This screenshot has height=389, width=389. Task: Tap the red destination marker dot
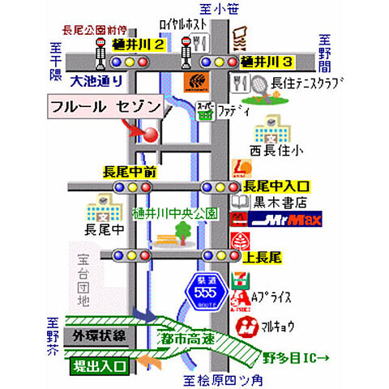(150, 135)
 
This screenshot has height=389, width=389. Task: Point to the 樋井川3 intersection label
(267, 61)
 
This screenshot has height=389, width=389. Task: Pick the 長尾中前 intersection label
(130, 172)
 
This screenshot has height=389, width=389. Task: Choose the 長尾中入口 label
(276, 186)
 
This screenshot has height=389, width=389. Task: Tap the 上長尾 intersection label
(262, 255)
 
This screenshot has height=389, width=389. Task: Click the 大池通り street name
(96, 80)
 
